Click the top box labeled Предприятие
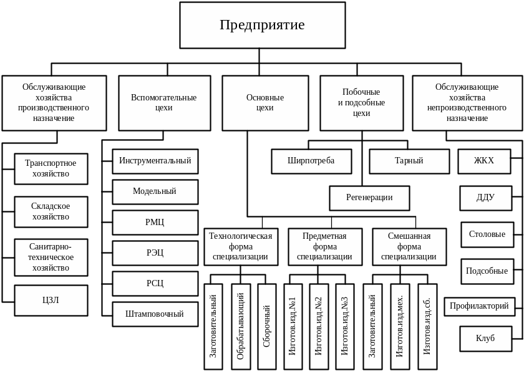pos(263,25)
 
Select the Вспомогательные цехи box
pos(163,103)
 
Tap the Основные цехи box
pos(265,103)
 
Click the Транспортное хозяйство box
pos(51,168)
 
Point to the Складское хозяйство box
pos(51,211)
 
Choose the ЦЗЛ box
pos(51,301)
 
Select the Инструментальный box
pos(155,161)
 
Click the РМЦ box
pos(155,222)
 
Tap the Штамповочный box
pos(155,314)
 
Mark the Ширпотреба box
pos(311,161)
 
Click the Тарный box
pos(409,161)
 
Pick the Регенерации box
pos(369,198)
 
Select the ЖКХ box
pos(484,161)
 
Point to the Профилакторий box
pos(479,306)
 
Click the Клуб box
pos(485,339)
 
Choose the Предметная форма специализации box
pos(324,246)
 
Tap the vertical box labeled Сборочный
pos(266,327)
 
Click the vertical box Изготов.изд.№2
pos(319,327)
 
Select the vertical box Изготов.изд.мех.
pos(400,327)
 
